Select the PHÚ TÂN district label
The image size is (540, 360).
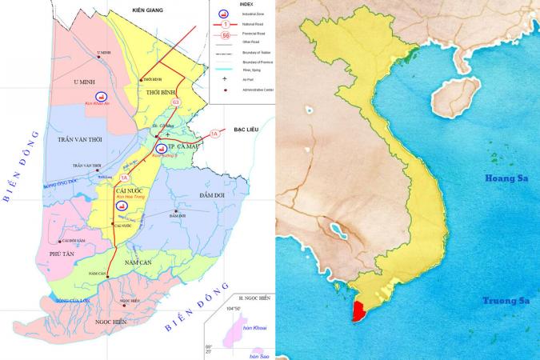point(62,254)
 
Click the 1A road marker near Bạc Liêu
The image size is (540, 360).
point(214,134)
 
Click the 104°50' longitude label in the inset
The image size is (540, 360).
point(236,308)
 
